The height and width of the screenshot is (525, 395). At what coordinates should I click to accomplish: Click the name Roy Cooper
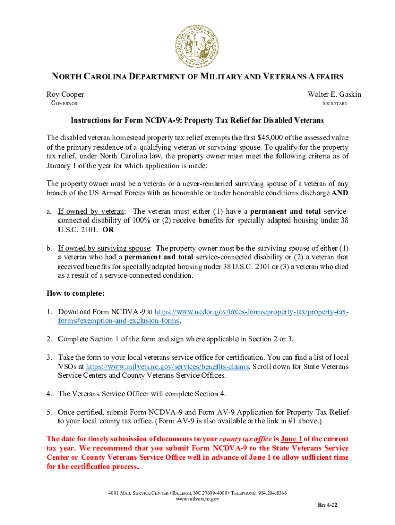pos(65,95)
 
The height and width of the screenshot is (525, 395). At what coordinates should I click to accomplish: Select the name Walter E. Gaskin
pos(334,95)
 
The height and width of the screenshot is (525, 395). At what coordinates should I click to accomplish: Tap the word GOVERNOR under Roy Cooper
pos(64,104)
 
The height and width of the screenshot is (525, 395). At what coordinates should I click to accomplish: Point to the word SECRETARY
pos(334,104)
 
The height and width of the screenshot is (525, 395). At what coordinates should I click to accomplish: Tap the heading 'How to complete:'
pos(75,294)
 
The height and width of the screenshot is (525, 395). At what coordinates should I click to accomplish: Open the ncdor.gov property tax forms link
pos(251,312)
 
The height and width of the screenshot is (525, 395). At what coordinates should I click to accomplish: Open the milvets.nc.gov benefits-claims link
pos(167,367)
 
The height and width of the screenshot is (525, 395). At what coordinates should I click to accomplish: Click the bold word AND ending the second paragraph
pos(341,193)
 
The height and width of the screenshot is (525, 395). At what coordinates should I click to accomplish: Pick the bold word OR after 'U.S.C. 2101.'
pos(108,230)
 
